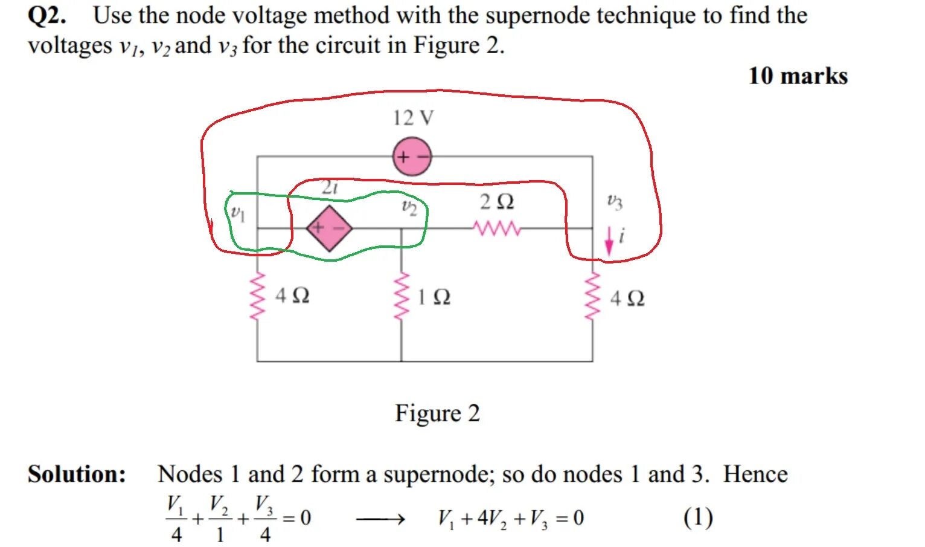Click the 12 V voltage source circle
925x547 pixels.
412,157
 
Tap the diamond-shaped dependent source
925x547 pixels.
329,228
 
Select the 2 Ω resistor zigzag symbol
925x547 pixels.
496,228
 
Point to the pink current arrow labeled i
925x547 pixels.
609,240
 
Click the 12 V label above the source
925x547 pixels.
413,118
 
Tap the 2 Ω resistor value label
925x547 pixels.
496,202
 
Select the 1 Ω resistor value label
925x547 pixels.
434,297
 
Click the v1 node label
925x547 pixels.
238,213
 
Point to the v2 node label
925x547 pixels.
409,207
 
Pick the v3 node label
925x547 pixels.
614,202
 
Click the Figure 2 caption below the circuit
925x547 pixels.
437,413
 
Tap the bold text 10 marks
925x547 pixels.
798,76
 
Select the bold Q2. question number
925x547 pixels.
46,15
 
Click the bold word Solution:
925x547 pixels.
77,474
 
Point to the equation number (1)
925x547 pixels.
698,518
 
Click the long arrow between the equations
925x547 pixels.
380,519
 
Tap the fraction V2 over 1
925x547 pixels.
219,518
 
